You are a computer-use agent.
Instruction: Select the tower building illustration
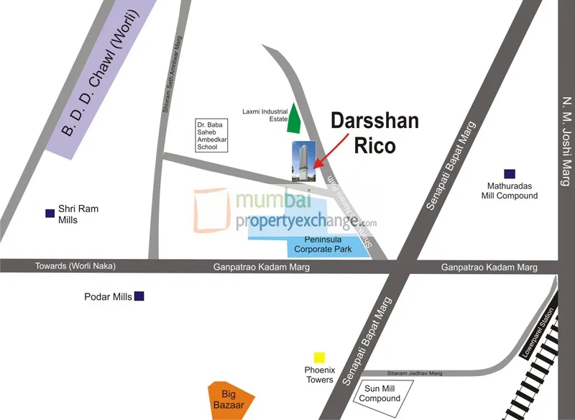coord(303,160)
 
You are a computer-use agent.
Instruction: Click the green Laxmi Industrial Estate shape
coord(294,119)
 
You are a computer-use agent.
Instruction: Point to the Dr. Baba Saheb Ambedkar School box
coord(212,135)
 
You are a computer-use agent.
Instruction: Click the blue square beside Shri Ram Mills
coord(50,213)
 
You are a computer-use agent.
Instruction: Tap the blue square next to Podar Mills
coord(139,296)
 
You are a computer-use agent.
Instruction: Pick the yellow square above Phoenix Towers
coord(319,357)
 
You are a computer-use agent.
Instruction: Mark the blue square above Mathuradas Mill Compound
coord(509,173)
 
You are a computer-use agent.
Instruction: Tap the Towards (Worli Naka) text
coord(75,266)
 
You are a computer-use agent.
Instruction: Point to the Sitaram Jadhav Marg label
coord(415,373)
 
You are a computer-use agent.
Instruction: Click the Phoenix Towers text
coord(319,375)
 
